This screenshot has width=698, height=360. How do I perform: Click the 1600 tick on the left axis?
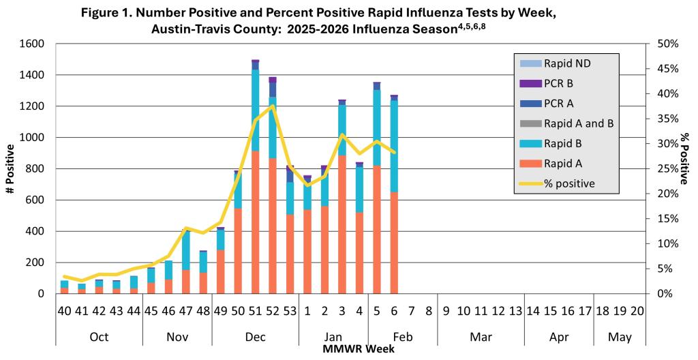point(33,44)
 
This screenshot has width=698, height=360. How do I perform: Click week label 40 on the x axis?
point(64,312)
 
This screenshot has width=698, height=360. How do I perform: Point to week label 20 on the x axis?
point(637,312)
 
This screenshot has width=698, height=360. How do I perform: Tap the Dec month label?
point(255,336)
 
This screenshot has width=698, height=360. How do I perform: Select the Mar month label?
point(481,336)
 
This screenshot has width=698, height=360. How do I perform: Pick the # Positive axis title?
point(12,169)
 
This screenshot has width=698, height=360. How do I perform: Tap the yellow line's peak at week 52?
point(273,106)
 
